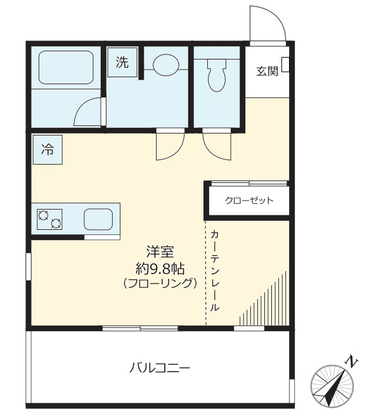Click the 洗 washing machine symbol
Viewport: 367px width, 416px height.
(122, 62)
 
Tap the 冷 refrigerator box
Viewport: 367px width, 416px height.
(48, 150)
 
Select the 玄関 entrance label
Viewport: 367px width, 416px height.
(267, 72)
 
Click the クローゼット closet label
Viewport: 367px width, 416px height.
(249, 201)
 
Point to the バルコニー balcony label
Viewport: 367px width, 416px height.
(160, 367)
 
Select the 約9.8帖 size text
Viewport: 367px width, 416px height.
(160, 267)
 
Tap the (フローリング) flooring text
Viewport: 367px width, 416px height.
(160, 283)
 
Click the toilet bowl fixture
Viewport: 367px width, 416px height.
(217, 75)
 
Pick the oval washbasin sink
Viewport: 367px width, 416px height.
(166, 63)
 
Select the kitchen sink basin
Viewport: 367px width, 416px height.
(98, 219)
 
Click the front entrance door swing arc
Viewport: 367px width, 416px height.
(266, 24)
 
